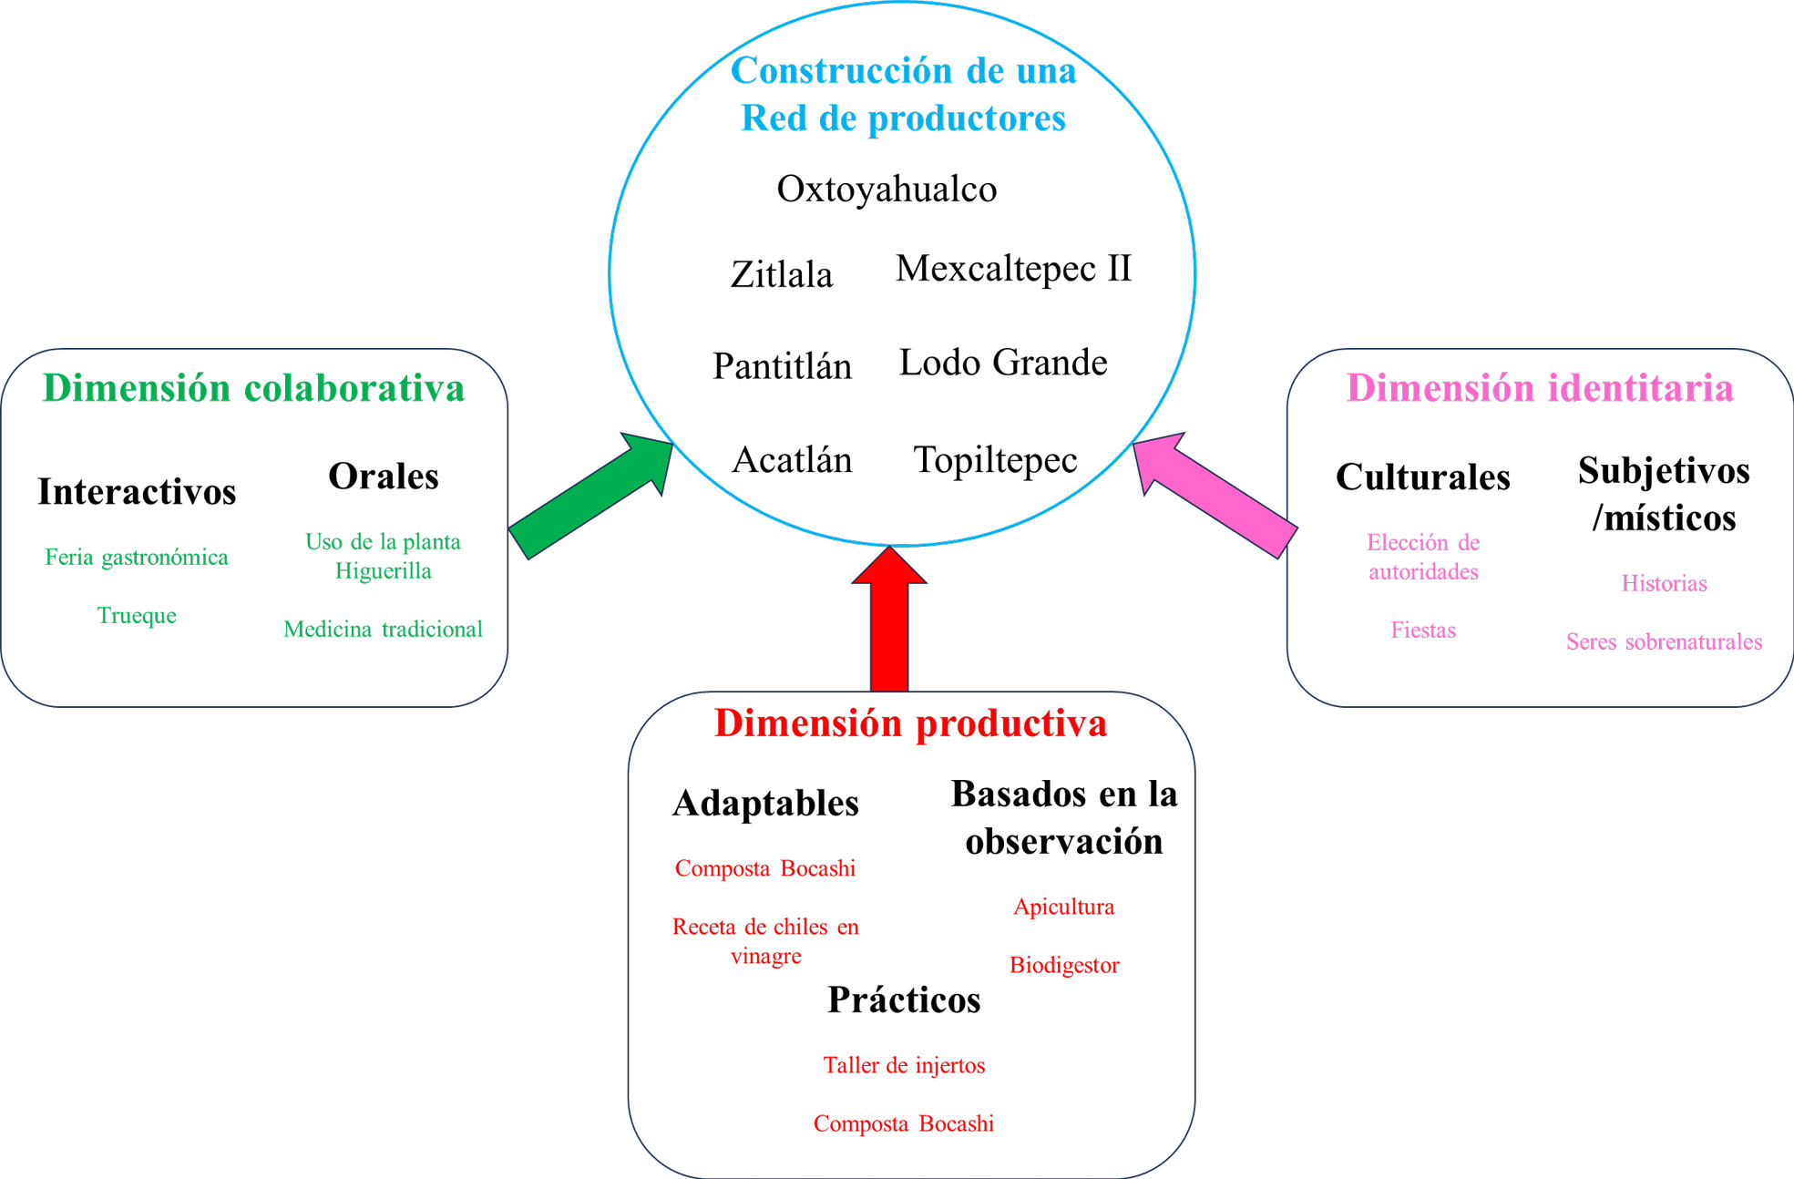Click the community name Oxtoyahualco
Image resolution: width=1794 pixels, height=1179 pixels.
coord(887,190)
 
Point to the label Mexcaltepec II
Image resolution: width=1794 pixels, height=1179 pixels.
coord(1013,269)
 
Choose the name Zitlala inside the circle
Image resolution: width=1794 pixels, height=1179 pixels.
coord(782,274)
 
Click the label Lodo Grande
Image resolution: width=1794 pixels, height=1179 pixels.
coord(1003,363)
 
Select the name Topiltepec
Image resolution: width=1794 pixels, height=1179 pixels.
coord(995,460)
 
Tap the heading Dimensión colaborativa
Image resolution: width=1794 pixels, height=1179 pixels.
coord(253,388)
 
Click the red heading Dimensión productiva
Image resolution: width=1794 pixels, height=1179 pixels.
coord(910,723)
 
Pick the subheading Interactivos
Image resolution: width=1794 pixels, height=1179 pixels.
coord(137,492)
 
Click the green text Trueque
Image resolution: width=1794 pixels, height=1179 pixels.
coord(137,616)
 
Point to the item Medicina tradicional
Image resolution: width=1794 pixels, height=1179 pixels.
coord(383,630)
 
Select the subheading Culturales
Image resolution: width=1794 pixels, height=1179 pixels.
coord(1422,477)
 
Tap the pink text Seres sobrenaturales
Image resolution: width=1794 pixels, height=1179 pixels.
coord(1664,642)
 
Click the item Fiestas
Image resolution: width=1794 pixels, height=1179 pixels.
coord(1422,631)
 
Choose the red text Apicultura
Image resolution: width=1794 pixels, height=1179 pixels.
coord(1063,907)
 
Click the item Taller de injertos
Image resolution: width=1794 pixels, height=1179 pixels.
coord(904,1066)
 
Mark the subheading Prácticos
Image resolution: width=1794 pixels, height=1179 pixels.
coord(904,1000)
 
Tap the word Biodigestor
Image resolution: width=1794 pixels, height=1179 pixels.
coord(1063,966)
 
